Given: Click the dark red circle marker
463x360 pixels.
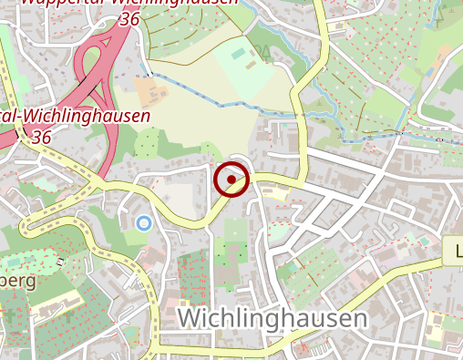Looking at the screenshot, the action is (231, 180).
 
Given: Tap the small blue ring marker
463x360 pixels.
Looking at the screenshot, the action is (143, 222).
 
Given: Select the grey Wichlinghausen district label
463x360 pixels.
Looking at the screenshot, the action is (273, 318).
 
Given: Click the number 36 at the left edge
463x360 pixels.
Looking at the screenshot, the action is (40, 137).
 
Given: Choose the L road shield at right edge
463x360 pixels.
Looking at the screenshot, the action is (454, 250).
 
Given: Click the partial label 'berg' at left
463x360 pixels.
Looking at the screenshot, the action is (18, 281).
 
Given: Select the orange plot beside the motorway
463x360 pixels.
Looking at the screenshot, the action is (147, 89).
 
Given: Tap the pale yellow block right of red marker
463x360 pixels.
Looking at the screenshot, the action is (274, 192).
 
